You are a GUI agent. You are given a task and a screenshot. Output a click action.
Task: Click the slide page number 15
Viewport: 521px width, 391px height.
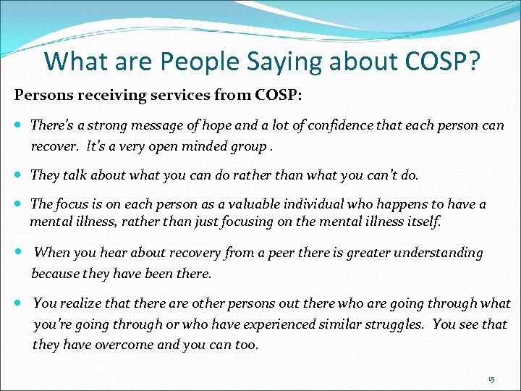click(491, 379)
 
